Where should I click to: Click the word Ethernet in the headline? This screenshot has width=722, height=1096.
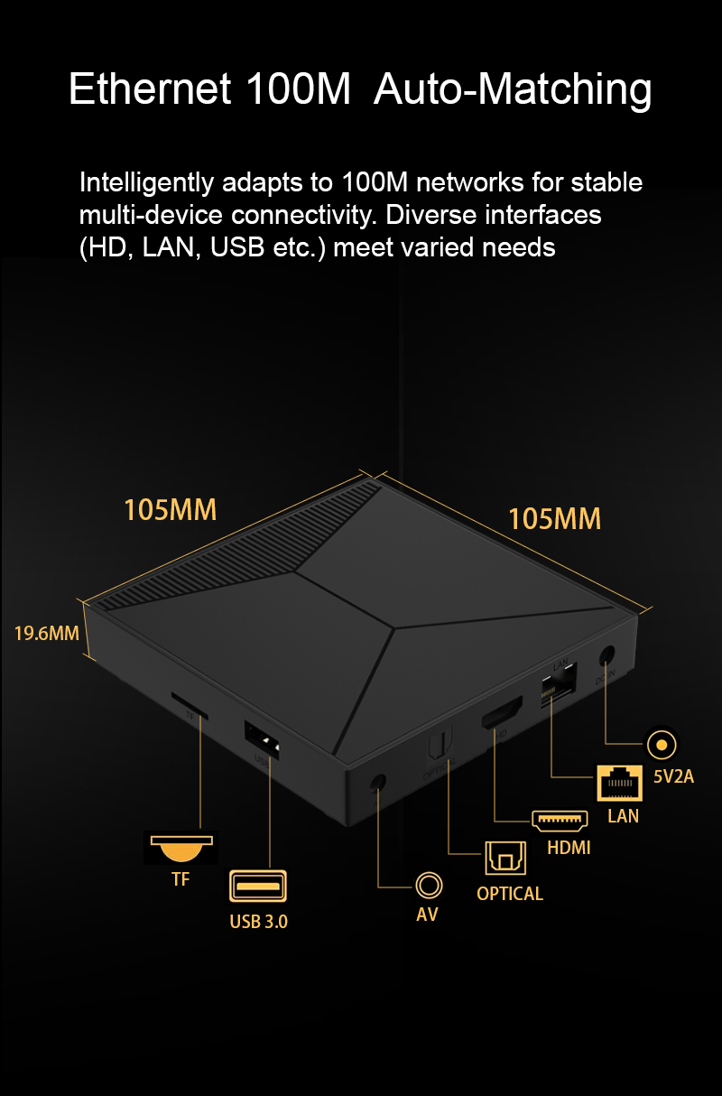tap(150, 89)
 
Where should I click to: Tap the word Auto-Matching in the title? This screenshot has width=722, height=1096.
tap(513, 91)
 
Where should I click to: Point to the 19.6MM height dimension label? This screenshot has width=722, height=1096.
tap(46, 633)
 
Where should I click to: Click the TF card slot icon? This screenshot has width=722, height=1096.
tap(181, 848)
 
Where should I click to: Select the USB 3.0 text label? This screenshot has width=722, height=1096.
tap(258, 922)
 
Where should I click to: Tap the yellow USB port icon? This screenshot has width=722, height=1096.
tap(258, 886)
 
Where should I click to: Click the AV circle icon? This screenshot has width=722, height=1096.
tap(429, 885)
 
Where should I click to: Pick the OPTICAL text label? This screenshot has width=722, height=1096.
tap(510, 894)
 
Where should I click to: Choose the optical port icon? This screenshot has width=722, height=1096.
tap(505, 858)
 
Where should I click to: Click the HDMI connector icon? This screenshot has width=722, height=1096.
tap(560, 821)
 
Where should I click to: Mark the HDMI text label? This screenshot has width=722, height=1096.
tap(569, 848)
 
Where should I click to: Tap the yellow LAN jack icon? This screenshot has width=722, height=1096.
tap(619, 783)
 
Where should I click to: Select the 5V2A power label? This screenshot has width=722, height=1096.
tap(673, 776)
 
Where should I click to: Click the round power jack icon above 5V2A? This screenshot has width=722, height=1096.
tap(662, 745)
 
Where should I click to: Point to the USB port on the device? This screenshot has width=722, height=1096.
tap(262, 739)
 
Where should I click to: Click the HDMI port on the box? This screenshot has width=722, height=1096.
tap(502, 712)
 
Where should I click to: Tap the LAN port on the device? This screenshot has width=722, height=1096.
tap(559, 684)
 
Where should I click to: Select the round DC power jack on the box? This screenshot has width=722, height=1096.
tap(606, 655)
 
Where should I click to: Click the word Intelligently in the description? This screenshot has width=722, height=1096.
tap(147, 183)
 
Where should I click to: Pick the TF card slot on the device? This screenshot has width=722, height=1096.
tap(190, 706)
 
